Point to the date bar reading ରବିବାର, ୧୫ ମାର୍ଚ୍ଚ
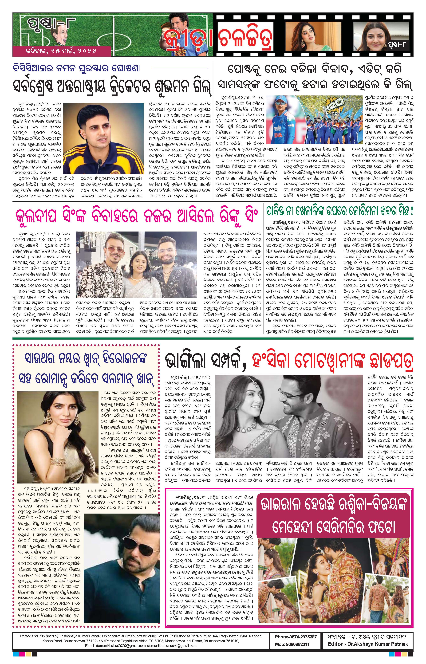(61, 51)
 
